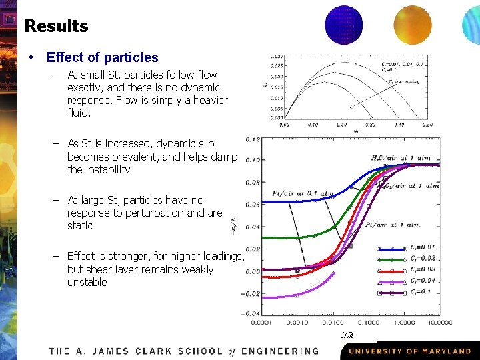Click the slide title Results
[56, 26]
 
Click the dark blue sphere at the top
[344, 25]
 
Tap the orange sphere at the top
[413, 25]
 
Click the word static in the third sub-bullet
[80, 226]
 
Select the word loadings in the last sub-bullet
[223, 257]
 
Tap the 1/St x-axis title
[347, 335]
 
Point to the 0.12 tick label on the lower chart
[253, 139]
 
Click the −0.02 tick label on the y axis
[251, 293]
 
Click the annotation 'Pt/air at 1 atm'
[393, 225]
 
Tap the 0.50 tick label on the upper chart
[427, 125]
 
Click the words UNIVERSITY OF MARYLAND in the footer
[409, 351]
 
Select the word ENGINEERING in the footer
[280, 351]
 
